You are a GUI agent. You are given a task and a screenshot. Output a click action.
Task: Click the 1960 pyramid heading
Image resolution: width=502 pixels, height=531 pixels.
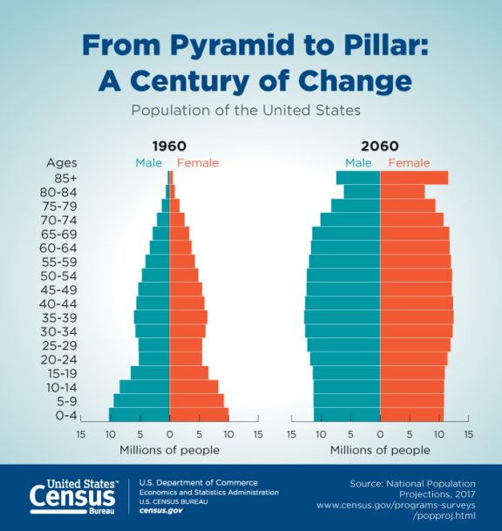coord(168,146)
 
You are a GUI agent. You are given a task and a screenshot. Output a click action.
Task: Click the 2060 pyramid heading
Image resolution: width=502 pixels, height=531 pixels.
coord(379,146)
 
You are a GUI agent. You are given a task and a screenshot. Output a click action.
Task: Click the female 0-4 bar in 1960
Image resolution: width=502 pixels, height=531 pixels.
coord(198,414)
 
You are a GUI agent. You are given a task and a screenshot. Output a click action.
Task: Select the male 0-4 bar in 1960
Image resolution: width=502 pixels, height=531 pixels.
coord(139,414)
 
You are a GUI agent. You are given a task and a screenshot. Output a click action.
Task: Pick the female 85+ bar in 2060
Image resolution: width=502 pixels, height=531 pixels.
coord(414,178)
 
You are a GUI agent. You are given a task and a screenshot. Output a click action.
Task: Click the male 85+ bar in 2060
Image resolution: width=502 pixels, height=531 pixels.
coord(358,178)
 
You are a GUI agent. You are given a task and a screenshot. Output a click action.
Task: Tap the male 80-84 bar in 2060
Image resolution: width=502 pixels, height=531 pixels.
coord(362,192)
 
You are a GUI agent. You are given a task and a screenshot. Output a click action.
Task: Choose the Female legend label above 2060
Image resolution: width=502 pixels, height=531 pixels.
coord(409,162)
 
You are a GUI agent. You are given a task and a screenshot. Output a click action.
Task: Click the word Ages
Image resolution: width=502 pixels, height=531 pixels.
coord(63,162)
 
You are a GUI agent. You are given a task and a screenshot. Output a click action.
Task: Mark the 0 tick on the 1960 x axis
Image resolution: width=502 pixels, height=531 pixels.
coord(169,432)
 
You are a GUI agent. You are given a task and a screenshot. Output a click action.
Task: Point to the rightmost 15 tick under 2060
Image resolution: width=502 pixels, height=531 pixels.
coord(468,432)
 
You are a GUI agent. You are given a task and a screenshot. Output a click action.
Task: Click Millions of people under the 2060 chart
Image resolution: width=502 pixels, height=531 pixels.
coord(379,450)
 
